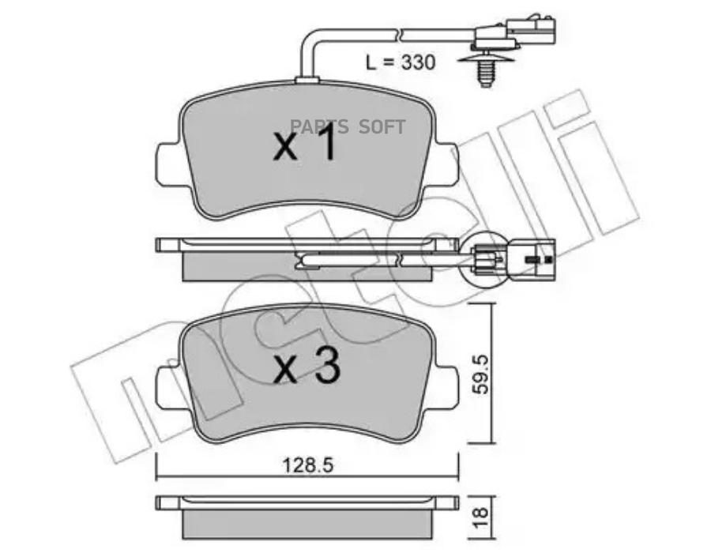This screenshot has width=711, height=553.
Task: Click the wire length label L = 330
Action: (x=401, y=62)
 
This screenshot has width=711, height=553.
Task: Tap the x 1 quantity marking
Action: (x=305, y=142)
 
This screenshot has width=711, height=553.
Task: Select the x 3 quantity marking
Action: (x=307, y=367)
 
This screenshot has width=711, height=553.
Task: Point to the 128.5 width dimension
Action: (x=307, y=465)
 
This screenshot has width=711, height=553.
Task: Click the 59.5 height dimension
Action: (x=480, y=374)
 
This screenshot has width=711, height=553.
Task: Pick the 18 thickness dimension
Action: (x=480, y=517)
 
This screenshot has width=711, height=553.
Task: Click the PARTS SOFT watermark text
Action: (x=348, y=127)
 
